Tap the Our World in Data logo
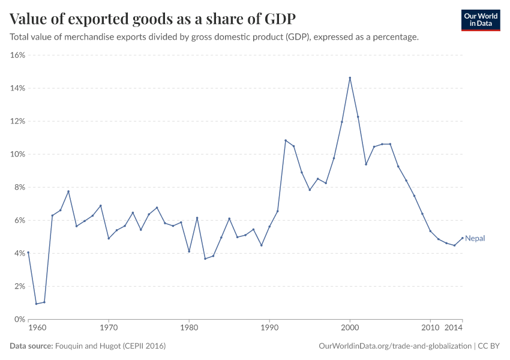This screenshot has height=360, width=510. (x=480, y=20)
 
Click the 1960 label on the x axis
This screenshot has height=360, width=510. (x=37, y=328)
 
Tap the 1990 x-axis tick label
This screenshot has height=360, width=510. (x=269, y=328)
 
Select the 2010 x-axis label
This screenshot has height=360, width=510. (x=430, y=328)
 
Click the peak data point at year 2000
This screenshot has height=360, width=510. (x=350, y=77)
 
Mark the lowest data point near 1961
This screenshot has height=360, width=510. (x=36, y=304)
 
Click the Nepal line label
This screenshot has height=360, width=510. (x=475, y=238)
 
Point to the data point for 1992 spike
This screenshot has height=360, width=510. (x=286, y=140)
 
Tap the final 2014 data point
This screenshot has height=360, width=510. (x=463, y=238)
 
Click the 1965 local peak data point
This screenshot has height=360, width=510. (x=68, y=191)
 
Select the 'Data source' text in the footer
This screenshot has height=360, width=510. (x=31, y=346)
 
